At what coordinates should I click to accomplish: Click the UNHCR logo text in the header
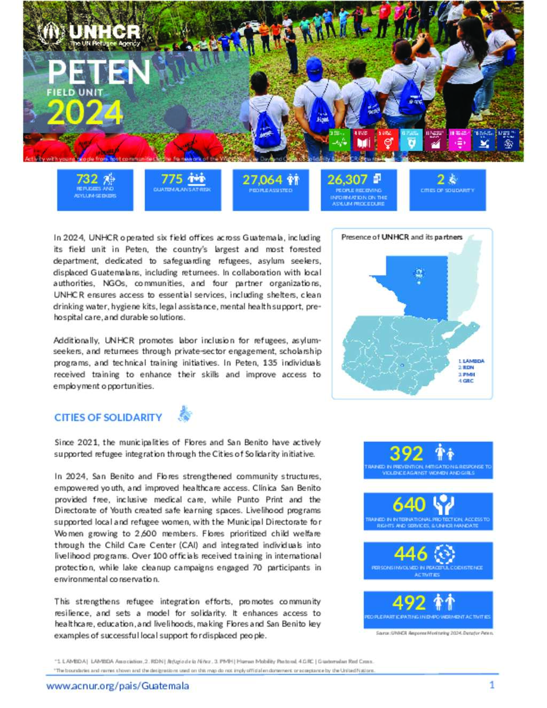[x=104, y=33]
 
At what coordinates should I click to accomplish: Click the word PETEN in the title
[x=99, y=72]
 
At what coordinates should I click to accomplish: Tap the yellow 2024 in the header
[x=85, y=113]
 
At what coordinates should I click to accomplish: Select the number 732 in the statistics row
[x=87, y=179]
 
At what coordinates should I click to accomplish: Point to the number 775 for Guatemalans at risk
[x=172, y=179]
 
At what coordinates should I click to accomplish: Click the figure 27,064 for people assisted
[x=262, y=180]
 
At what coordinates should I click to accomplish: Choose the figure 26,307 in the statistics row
[x=347, y=180]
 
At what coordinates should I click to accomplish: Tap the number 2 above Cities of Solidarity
[x=441, y=179]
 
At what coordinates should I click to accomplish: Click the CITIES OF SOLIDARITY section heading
[x=108, y=417]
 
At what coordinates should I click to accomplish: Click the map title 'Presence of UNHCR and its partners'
[x=402, y=237]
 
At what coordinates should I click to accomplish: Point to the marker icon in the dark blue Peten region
[x=419, y=274]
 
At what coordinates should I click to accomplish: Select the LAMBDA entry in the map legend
[x=473, y=361]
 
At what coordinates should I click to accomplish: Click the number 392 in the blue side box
[x=406, y=454]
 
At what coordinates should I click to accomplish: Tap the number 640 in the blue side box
[x=409, y=504]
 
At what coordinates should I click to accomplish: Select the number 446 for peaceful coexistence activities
[x=410, y=554]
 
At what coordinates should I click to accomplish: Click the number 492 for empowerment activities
[x=409, y=603]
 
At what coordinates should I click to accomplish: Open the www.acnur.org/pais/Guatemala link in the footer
[x=118, y=686]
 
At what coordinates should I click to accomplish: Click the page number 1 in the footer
[x=492, y=685]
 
